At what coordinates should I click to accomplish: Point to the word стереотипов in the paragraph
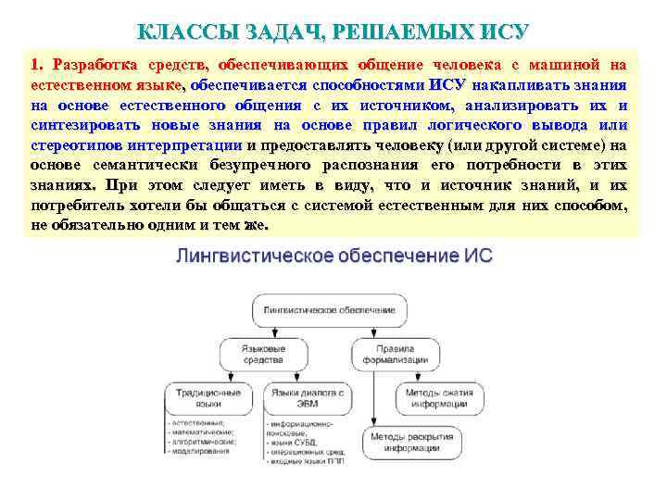click(x=78, y=145)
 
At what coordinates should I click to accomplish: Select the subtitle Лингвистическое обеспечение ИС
click(x=333, y=256)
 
